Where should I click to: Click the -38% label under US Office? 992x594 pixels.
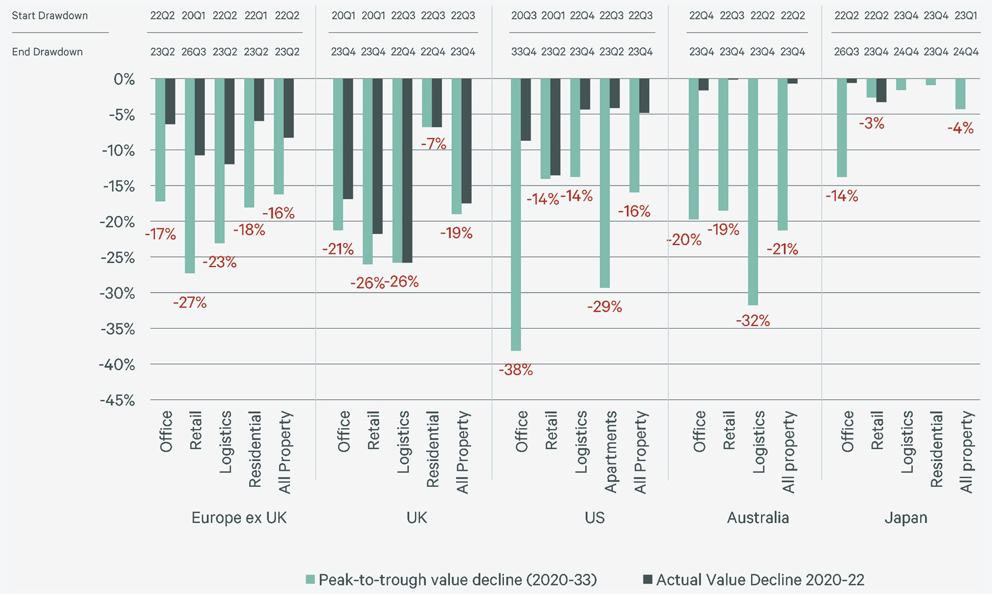pos(516,370)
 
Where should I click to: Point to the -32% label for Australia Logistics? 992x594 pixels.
pos(753,321)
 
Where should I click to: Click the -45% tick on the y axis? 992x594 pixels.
pos(118,400)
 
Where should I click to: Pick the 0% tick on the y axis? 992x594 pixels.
pos(124,79)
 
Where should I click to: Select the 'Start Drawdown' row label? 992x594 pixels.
pos(50,16)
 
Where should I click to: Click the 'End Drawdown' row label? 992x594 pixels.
pos(47,52)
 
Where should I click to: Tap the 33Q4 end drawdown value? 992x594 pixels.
pos(524,52)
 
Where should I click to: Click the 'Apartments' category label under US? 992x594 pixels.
pos(611,451)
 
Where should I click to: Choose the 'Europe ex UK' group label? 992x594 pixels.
pos(239,518)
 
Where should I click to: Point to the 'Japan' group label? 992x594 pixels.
pos(906,518)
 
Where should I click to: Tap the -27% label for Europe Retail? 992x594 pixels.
pos(190,302)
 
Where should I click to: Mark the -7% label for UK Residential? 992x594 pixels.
pos(434,144)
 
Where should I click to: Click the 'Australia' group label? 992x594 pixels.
pos(758,518)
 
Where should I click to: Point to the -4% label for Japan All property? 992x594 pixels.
pos(961,129)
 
